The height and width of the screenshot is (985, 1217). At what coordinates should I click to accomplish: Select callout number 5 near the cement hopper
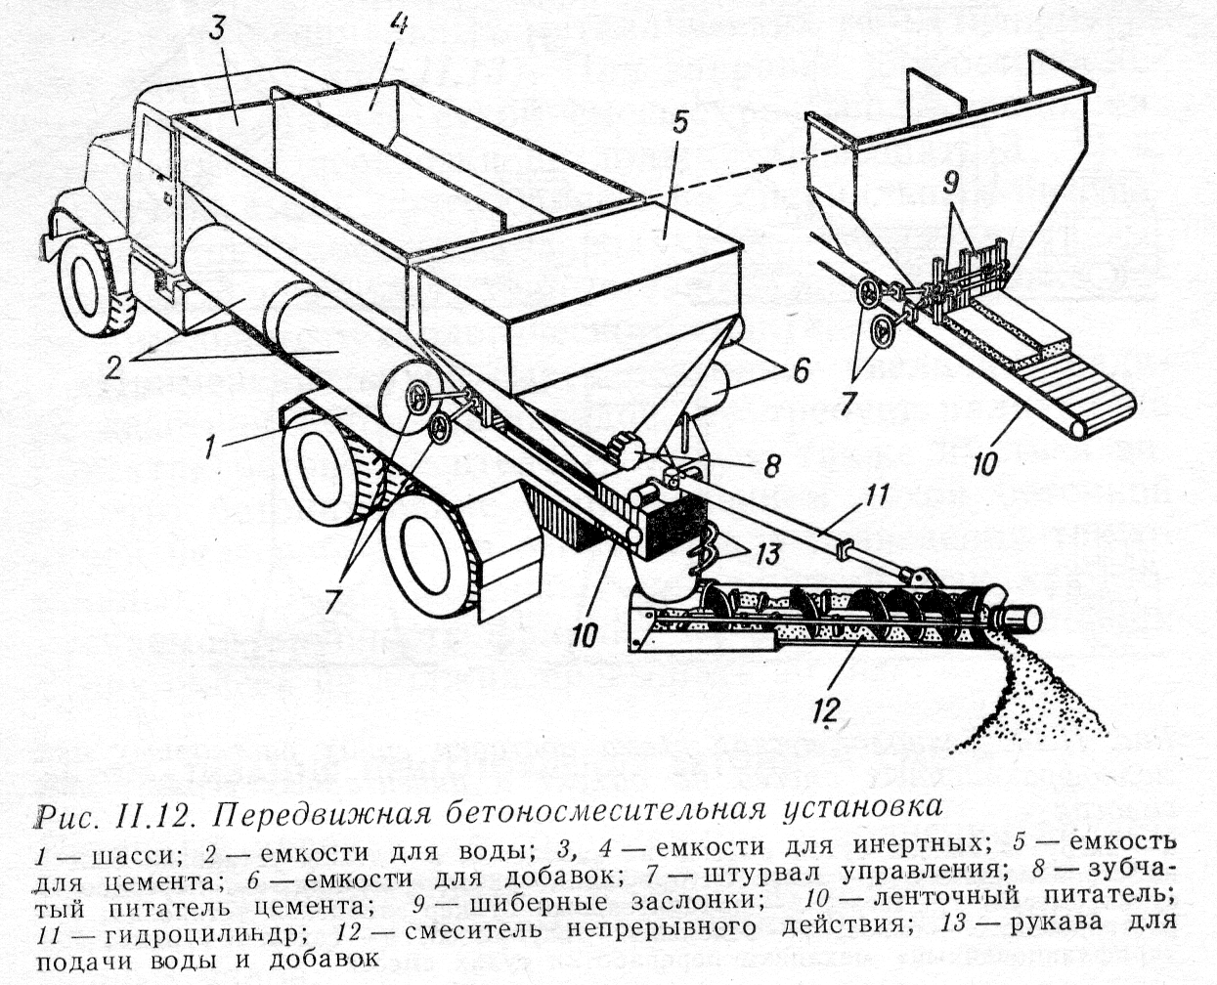(680, 123)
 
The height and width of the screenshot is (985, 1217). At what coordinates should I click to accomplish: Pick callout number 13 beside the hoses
(766, 554)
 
